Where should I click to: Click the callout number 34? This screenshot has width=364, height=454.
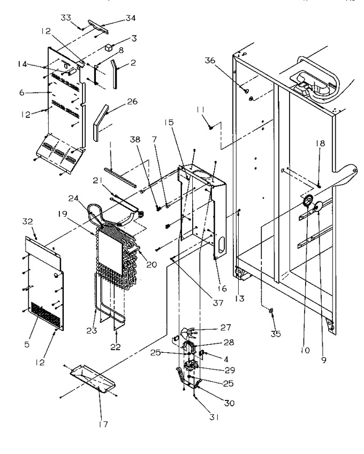[130, 18]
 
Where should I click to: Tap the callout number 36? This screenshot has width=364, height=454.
[210, 60]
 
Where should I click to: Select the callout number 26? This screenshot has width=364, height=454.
[132, 102]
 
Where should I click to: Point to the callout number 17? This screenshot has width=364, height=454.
[103, 424]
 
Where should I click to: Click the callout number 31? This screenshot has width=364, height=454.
[214, 417]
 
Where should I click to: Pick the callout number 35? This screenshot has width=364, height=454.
[276, 334]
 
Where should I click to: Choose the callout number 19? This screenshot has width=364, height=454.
[62, 214]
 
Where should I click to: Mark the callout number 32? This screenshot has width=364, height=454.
[28, 222]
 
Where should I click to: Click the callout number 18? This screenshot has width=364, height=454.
[320, 143]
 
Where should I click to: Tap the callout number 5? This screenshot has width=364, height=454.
[27, 344]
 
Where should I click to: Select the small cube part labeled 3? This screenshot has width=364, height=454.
[108, 48]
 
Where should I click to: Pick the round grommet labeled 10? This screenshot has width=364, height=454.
[308, 200]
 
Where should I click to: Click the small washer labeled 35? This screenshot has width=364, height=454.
[271, 311]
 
